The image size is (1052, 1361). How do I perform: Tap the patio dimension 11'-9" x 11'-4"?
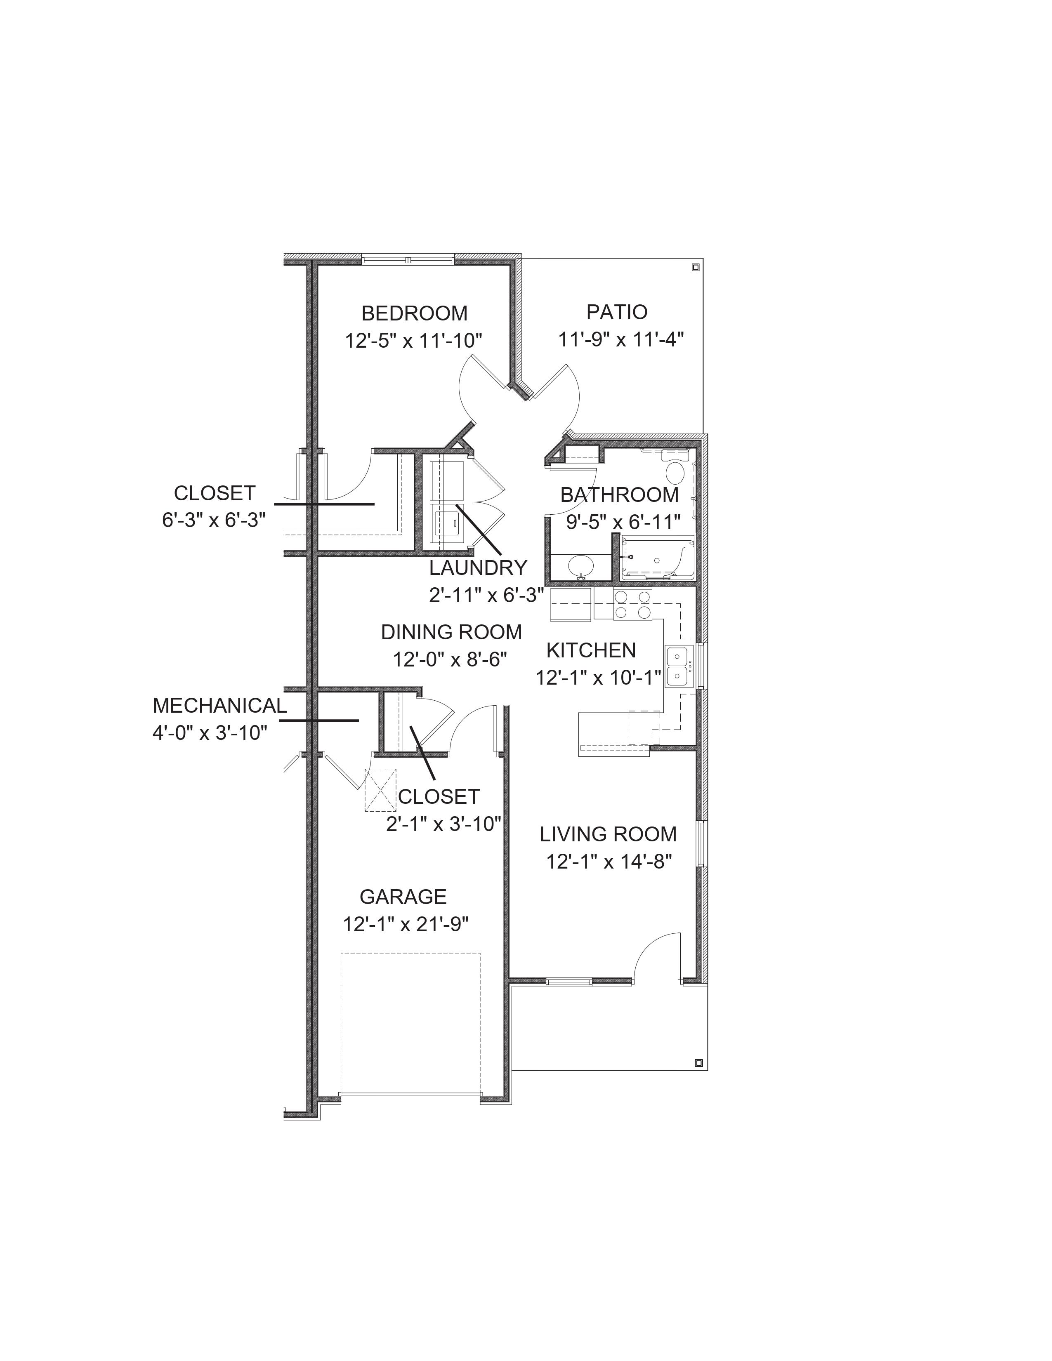(x=621, y=339)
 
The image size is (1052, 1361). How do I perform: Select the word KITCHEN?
(x=591, y=650)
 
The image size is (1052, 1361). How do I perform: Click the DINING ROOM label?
(x=451, y=632)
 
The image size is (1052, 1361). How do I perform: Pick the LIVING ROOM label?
(x=608, y=834)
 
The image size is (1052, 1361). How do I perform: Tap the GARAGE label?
(x=403, y=897)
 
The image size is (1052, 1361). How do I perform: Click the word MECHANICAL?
(x=219, y=705)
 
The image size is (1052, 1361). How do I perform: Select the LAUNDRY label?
(x=478, y=568)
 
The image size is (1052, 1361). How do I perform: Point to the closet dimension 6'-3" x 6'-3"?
(x=214, y=520)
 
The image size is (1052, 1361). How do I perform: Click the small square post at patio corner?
(x=696, y=267)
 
